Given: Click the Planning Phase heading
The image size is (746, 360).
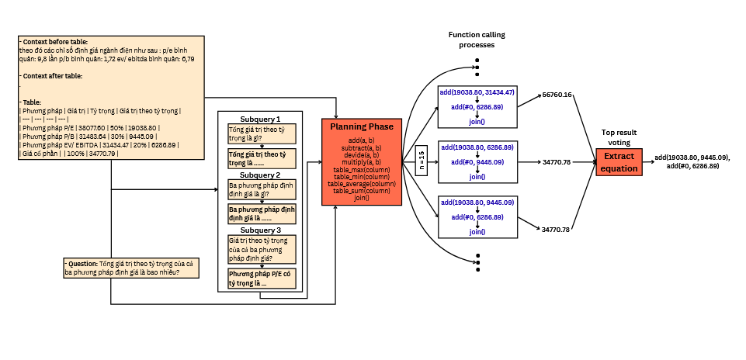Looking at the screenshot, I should pyautogui.click(x=362, y=126).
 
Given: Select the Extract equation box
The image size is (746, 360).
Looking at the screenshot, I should pyautogui.click(x=618, y=163).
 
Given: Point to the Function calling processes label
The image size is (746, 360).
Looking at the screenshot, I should pyautogui.click(x=471, y=40).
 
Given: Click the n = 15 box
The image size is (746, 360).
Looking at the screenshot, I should pyautogui.click(x=422, y=161).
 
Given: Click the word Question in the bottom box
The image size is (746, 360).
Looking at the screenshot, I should pyautogui.click(x=85, y=265).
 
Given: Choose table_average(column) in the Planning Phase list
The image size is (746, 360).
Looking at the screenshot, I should pyautogui.click(x=362, y=183).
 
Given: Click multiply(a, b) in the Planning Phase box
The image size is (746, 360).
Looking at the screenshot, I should pyautogui.click(x=362, y=161).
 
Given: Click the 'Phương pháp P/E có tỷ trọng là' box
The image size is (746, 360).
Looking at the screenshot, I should pyautogui.click(x=261, y=279).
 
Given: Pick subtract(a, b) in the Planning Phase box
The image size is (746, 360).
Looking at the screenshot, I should pyautogui.click(x=362, y=147).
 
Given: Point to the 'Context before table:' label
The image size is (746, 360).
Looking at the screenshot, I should pyautogui.click(x=54, y=41).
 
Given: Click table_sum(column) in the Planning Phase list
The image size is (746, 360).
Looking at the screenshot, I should pyautogui.click(x=362, y=190).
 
